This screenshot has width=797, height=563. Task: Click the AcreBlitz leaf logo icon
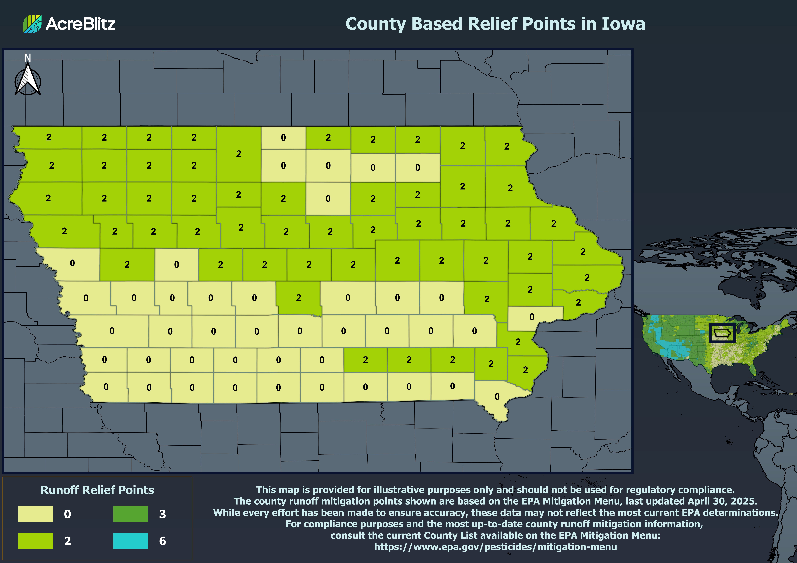32,24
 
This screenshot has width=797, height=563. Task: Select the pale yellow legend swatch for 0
36,514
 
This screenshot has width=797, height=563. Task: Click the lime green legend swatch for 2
36,540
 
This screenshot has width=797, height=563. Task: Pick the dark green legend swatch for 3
131,514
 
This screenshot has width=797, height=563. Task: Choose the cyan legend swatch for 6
131,540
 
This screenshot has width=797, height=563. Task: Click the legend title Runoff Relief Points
97,490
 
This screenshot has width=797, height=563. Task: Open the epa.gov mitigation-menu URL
495,547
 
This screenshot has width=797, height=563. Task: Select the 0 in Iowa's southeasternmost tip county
497,397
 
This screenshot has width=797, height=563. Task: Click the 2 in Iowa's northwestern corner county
49,137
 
